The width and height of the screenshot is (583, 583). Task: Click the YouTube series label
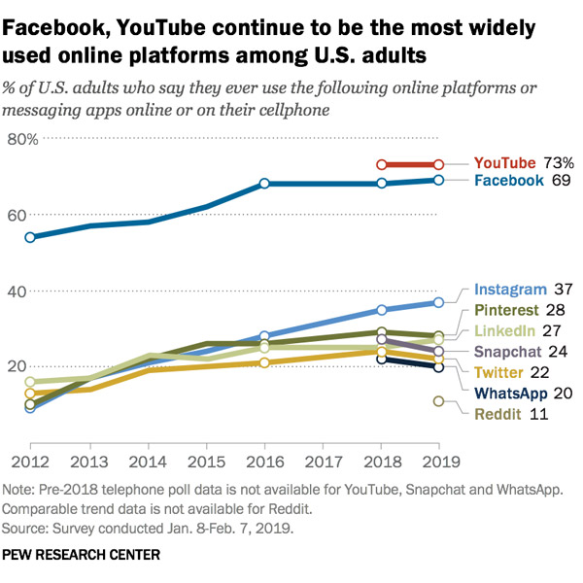coord(505,162)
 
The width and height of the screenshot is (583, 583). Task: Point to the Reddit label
coord(497,415)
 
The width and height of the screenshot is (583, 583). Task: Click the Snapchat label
coord(507,351)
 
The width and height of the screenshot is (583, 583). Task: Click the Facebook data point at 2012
coord(30,237)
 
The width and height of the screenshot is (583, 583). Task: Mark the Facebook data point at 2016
coord(264,184)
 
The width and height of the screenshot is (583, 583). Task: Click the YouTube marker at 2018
coord(382,165)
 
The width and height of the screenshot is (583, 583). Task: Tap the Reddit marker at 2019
coord(439,401)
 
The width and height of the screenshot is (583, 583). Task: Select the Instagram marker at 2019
coord(439,302)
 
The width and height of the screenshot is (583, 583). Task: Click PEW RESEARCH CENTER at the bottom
coord(83,555)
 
